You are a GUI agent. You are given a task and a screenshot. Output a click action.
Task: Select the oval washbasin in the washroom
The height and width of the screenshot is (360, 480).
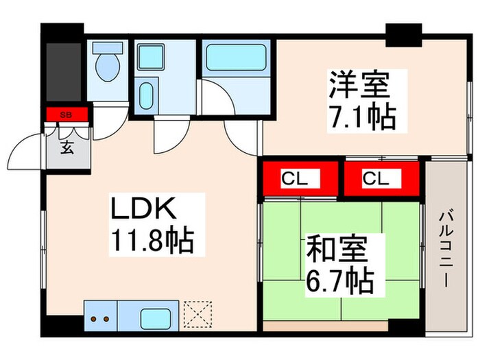click(146, 96)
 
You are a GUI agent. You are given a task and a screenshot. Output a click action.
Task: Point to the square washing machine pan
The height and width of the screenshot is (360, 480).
click(149, 57)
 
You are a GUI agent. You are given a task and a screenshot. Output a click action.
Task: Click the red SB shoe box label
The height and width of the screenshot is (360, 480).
click(67, 115)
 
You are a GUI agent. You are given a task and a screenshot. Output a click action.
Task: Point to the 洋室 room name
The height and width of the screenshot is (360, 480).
click(358, 86)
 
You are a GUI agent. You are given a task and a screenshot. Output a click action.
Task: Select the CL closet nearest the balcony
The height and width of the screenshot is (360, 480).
click(381, 180)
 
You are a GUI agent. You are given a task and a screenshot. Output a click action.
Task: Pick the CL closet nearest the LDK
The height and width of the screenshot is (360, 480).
click(300, 180)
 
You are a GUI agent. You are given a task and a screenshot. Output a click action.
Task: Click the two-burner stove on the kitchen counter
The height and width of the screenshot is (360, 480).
click(101, 318)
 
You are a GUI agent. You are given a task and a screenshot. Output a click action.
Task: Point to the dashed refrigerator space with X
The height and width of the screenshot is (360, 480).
click(200, 317)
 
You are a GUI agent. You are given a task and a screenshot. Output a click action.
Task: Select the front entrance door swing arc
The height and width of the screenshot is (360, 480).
click(29, 145)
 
